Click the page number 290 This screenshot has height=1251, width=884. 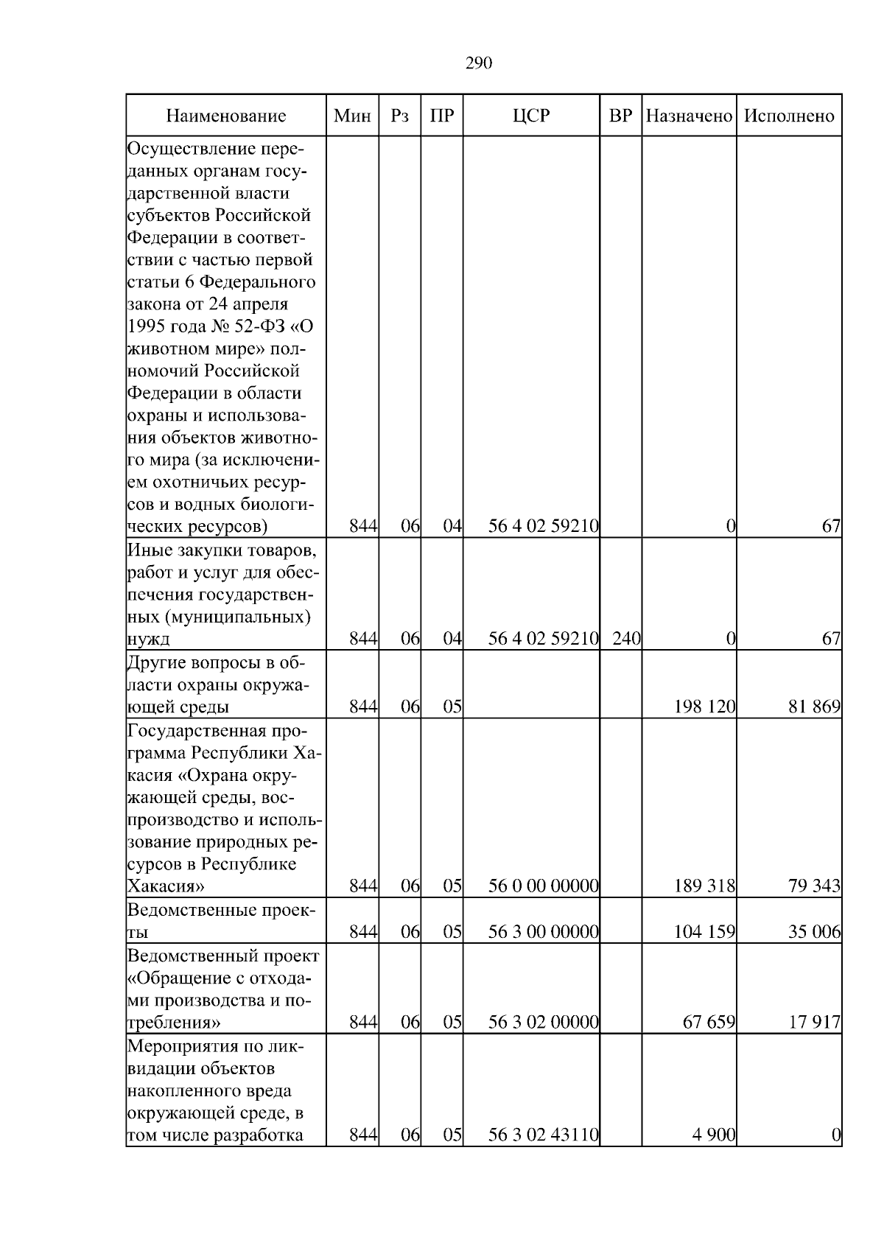pyautogui.click(x=479, y=63)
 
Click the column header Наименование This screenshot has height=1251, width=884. pyautogui.click(x=225, y=116)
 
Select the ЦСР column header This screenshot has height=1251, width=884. pyautogui.click(x=531, y=116)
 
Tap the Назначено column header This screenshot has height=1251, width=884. pyautogui.click(x=689, y=116)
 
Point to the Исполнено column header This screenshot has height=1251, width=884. pyautogui.click(x=789, y=116)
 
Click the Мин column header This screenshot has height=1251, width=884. pyautogui.click(x=352, y=116)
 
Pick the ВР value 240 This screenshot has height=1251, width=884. pyautogui.click(x=626, y=638)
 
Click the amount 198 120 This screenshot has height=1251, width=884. pyautogui.click(x=705, y=707)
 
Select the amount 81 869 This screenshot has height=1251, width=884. pyautogui.click(x=814, y=707)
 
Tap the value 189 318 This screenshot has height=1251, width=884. pyautogui.click(x=705, y=886)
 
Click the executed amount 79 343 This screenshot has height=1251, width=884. pyautogui.click(x=814, y=886)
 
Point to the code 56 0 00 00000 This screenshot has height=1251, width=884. pyautogui.click(x=544, y=886)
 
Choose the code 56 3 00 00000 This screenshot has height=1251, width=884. pyautogui.click(x=544, y=932)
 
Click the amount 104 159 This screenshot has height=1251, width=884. pyautogui.click(x=705, y=932)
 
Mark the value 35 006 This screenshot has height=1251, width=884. pyautogui.click(x=814, y=932)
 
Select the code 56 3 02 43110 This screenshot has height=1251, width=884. pyautogui.click(x=544, y=1156)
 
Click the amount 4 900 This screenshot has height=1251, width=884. pyautogui.click(x=714, y=1156)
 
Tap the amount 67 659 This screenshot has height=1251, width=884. pyautogui.click(x=709, y=1023)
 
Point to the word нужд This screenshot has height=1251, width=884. pyautogui.click(x=149, y=639)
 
